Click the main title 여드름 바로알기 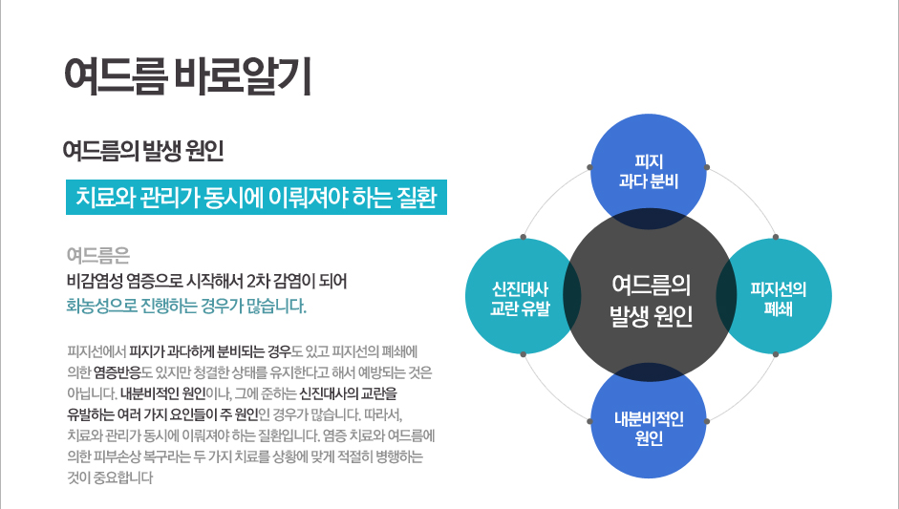click(188, 75)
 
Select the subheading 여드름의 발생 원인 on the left click(143, 151)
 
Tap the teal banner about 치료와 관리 click(256, 197)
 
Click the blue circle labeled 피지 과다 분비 click(649, 171)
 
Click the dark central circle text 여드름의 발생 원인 click(651, 301)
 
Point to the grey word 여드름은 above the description click(98, 255)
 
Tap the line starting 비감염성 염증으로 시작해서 click(207, 281)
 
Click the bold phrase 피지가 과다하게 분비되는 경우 click(210, 350)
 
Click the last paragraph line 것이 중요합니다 click(110, 477)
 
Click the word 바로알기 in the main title click(243, 75)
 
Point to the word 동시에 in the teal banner click(228, 197)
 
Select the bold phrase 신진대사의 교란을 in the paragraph click(348, 393)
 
